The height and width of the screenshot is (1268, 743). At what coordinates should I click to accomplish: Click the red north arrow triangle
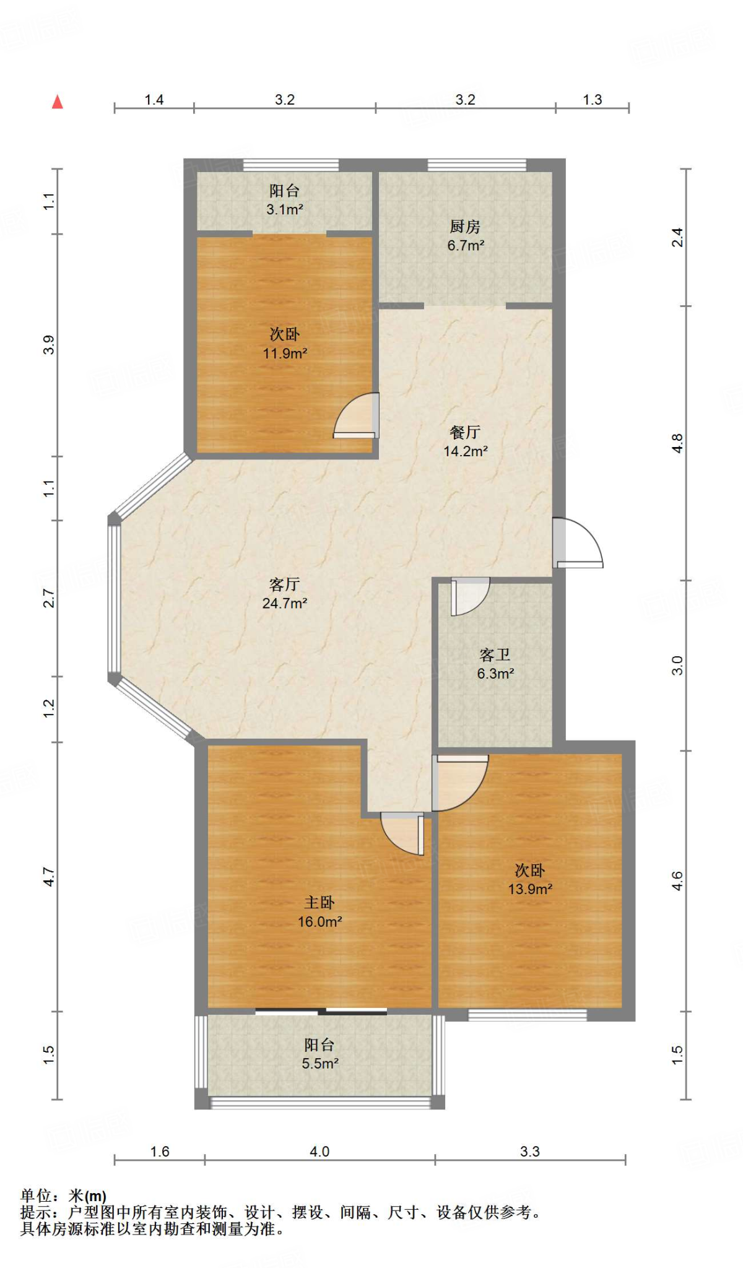pyautogui.click(x=58, y=102)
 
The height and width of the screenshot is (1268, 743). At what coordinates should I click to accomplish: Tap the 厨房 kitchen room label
pyautogui.click(x=465, y=227)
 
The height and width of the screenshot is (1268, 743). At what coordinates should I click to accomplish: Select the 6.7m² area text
pyautogui.click(x=466, y=246)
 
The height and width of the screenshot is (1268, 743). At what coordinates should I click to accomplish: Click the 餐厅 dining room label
pyautogui.click(x=465, y=432)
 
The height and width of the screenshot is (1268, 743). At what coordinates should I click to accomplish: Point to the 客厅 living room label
pyautogui.click(x=285, y=584)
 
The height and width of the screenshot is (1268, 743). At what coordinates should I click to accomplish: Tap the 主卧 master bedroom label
pyautogui.click(x=319, y=903)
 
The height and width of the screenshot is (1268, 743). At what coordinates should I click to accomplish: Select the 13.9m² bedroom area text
pyautogui.click(x=530, y=889)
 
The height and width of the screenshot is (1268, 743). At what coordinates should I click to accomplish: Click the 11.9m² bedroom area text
pyautogui.click(x=285, y=354)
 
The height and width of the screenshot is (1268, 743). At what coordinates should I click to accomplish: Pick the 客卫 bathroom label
pyautogui.click(x=495, y=655)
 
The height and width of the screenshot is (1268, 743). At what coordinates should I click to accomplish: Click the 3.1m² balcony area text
pyautogui.click(x=285, y=210)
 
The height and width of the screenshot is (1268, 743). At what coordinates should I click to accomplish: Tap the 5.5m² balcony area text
pyautogui.click(x=319, y=1064)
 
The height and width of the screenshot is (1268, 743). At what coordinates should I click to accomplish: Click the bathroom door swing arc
pyautogui.click(x=469, y=596)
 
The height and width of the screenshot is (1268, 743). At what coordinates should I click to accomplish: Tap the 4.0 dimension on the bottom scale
pyautogui.click(x=319, y=1152)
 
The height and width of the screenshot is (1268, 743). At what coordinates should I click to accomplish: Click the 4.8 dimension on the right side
pyautogui.click(x=677, y=443)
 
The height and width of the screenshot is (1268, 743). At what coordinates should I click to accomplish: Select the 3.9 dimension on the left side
pyautogui.click(x=49, y=345)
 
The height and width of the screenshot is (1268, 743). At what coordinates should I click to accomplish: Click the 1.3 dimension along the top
pyautogui.click(x=592, y=100)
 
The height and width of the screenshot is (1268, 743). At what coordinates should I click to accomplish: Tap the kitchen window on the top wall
pyautogui.click(x=477, y=165)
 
